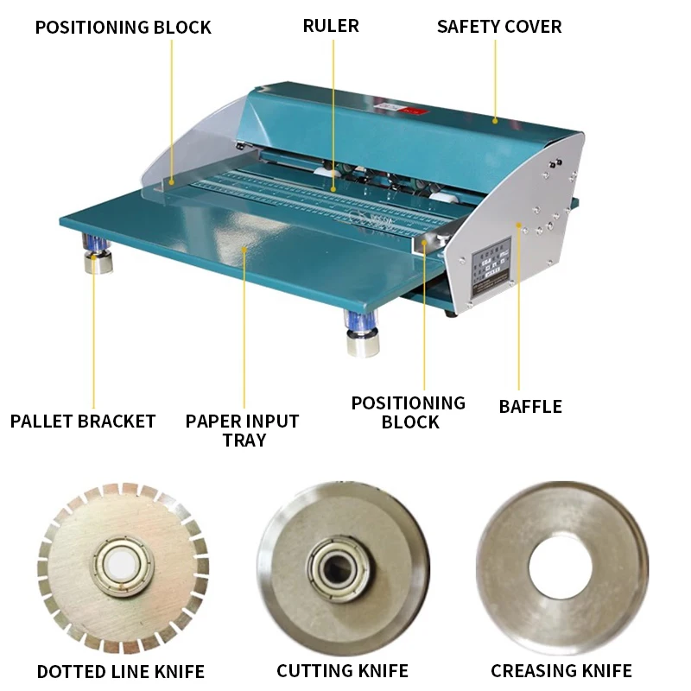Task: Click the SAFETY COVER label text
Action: (498, 26)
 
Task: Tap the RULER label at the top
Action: (331, 26)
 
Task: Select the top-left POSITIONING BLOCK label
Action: (123, 28)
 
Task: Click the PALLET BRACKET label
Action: (83, 422)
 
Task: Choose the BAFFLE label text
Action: (530, 406)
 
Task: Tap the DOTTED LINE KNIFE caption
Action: (121, 671)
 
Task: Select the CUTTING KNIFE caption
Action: (343, 671)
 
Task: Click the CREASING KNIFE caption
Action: (561, 671)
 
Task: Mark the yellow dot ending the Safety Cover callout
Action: (495, 120)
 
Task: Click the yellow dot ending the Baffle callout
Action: (518, 225)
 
